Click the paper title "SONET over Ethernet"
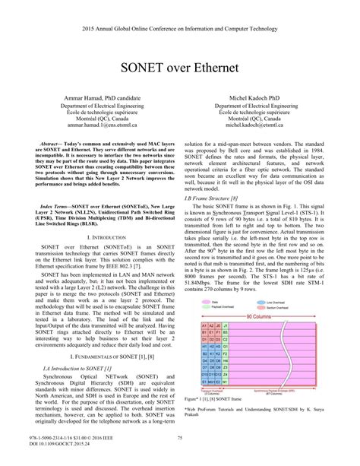[179, 67]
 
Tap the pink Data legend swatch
[205, 300]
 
